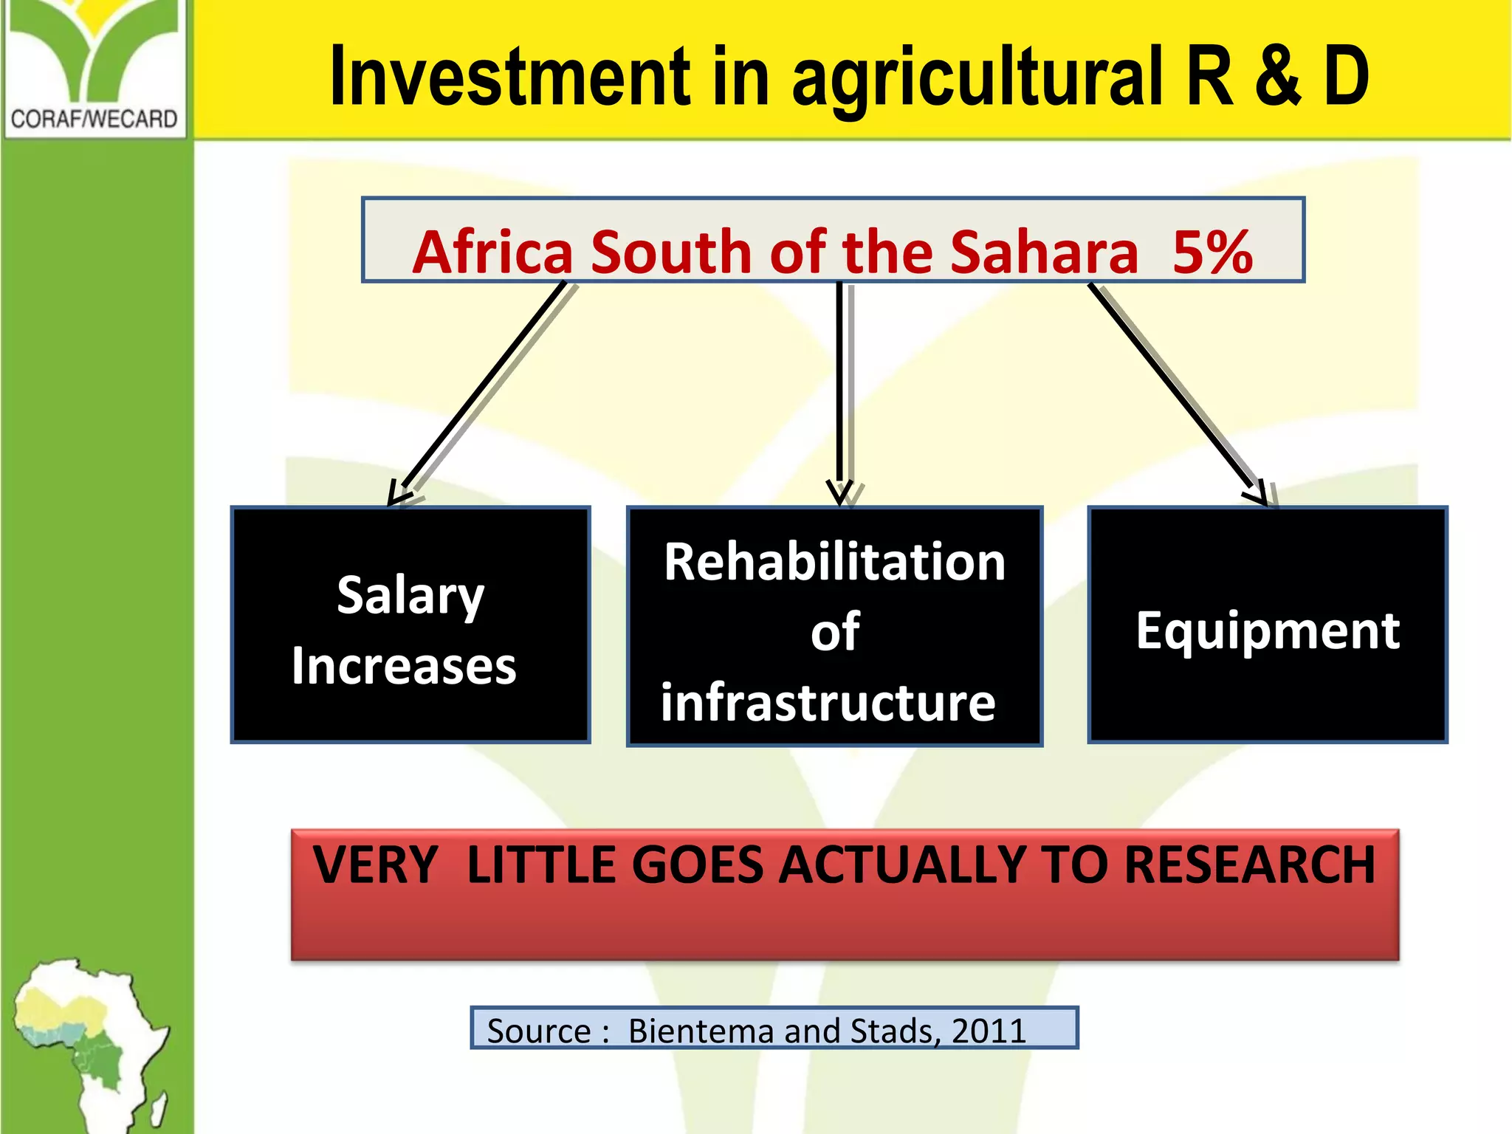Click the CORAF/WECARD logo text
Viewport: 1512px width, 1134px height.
[x=94, y=119]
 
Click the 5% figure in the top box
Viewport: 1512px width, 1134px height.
[x=1212, y=252]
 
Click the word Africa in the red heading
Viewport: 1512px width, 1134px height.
[x=492, y=252]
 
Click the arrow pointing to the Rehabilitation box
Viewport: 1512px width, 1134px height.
[x=840, y=391]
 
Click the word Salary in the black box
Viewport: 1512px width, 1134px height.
[x=410, y=597]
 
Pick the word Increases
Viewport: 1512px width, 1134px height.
[x=404, y=667]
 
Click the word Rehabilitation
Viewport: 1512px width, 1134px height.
[x=834, y=563]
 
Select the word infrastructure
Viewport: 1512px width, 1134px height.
[x=828, y=702]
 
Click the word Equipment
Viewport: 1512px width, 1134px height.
[x=1267, y=630]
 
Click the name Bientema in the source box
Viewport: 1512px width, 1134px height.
[x=701, y=1031]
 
